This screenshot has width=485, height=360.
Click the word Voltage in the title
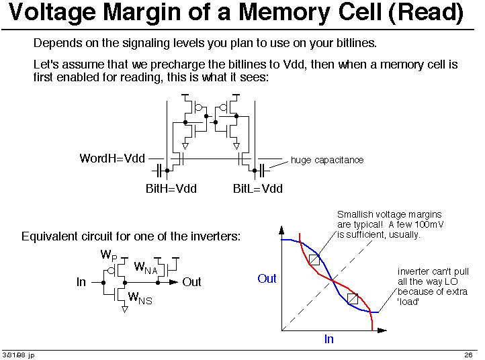pos(52,12)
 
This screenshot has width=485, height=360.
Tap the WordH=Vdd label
pos(112,159)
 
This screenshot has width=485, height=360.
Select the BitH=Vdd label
pos(171,188)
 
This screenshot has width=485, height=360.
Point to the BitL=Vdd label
pos(258,188)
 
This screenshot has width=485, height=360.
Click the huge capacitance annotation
pos(327,161)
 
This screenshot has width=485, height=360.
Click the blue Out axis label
pos(267,279)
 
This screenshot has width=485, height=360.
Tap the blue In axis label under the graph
pos(328,339)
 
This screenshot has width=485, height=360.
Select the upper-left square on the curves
pos(314,260)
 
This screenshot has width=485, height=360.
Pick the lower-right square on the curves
pos(353,299)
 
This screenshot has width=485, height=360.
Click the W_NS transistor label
pos(140,298)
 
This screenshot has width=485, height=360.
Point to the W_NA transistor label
pos(146,267)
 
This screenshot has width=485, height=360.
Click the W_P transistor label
pos(109,255)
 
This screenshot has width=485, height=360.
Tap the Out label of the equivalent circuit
pos(191,282)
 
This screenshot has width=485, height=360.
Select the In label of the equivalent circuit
pos(81,282)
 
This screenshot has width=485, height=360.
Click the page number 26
pos(468,355)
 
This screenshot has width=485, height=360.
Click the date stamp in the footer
pos(18,355)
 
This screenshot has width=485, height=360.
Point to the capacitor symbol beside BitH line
pos(158,171)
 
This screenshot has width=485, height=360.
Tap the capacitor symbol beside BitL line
pos(263,171)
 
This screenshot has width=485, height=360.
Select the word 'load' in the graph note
pos(408,302)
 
